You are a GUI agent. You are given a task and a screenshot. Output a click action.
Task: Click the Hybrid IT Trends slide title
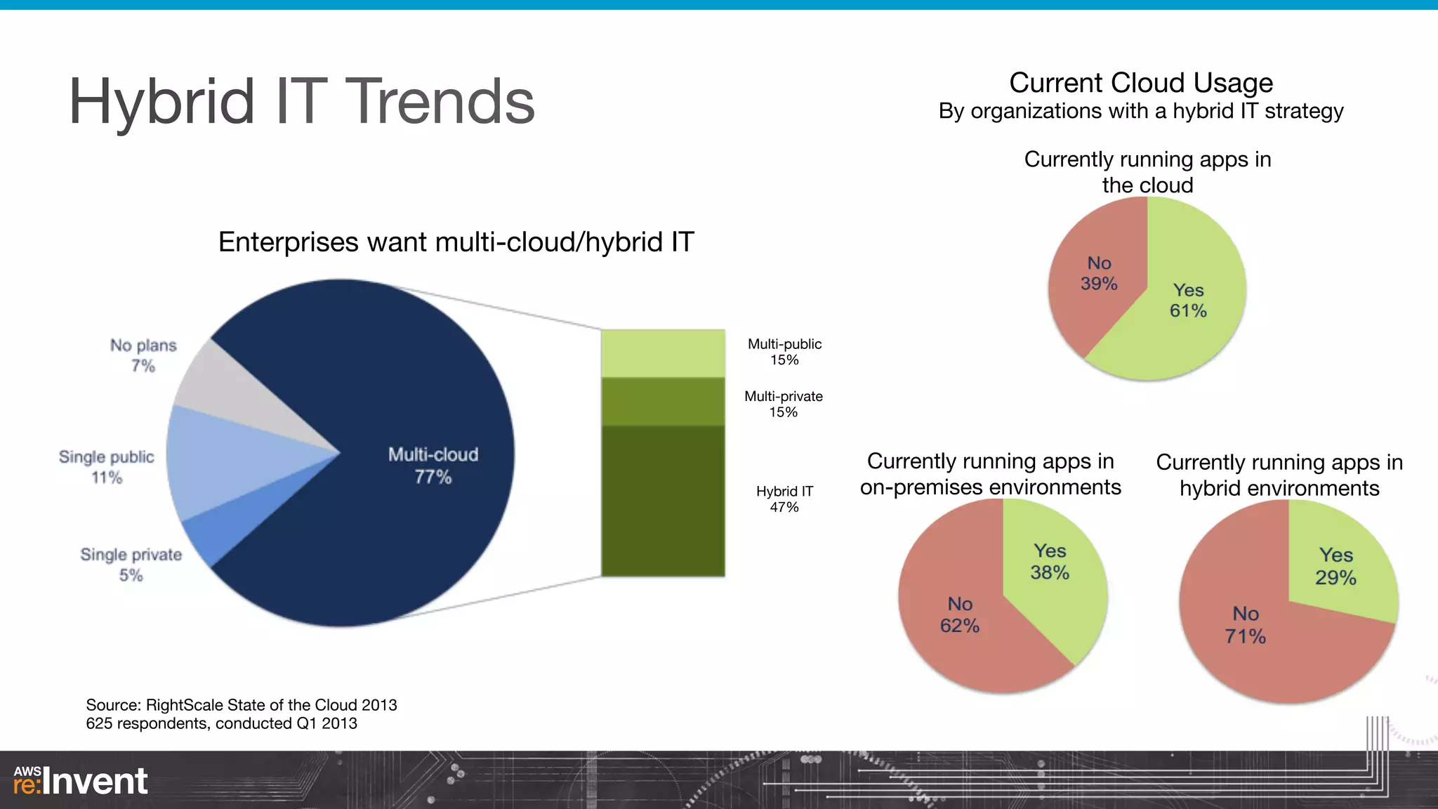point(302,102)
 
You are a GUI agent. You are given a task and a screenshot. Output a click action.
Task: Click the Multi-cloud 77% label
point(433,465)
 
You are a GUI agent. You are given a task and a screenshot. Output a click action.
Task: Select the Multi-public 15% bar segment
point(663,353)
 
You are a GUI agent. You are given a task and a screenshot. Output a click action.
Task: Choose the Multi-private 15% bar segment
point(663,402)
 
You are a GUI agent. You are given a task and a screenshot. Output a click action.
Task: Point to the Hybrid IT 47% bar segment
point(663,501)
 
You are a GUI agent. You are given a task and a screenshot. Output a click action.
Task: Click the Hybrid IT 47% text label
point(784,499)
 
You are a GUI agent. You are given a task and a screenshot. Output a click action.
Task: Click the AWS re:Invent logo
point(81,781)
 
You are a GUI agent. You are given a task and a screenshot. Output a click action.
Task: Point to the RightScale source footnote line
point(241,705)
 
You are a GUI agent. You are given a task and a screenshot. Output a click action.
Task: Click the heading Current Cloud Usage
point(1141,83)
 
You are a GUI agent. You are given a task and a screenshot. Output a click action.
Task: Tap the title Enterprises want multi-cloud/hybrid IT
point(456,242)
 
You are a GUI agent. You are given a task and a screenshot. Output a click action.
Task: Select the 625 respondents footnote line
point(221,723)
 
